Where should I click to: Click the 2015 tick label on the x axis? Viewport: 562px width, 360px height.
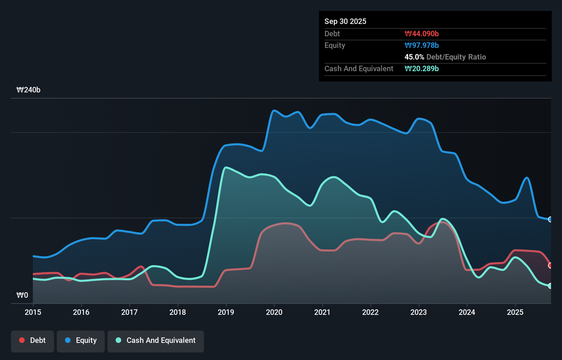[x=33, y=312]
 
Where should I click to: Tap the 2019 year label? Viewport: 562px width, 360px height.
[x=226, y=312]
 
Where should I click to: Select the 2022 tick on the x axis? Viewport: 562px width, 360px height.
[x=370, y=312]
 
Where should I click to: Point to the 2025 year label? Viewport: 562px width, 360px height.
[x=515, y=312]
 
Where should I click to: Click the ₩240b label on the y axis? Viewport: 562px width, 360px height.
[x=28, y=90]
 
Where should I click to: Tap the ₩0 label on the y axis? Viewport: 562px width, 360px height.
[x=22, y=295]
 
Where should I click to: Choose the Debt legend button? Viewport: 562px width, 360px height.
[x=33, y=340]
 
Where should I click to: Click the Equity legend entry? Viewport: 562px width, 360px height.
[x=81, y=340]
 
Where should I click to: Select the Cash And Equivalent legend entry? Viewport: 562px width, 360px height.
[x=156, y=340]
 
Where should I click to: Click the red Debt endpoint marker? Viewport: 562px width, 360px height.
[x=550, y=266]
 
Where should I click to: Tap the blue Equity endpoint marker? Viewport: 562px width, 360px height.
[x=550, y=219]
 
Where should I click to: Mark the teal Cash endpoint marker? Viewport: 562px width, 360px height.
[x=550, y=286]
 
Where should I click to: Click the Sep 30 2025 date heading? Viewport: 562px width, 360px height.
[x=345, y=21]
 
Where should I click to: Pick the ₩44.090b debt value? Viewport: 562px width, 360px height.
[x=421, y=34]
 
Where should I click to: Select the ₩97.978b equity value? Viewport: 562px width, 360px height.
[x=421, y=45]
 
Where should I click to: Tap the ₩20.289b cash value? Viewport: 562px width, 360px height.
[x=421, y=68]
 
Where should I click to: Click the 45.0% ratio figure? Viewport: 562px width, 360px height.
[x=414, y=57]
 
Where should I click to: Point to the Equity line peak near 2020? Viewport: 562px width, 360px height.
[x=274, y=110]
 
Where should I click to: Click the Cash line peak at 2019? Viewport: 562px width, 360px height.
[x=226, y=167]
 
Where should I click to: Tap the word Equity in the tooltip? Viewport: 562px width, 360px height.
[x=334, y=45]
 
